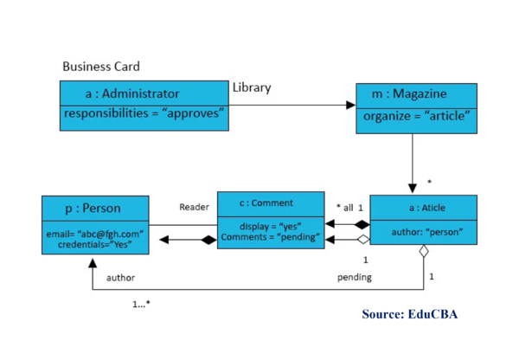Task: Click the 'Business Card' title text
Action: click(100, 67)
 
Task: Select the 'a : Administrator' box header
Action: click(132, 93)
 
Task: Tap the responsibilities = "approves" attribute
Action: click(144, 114)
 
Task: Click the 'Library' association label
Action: click(251, 87)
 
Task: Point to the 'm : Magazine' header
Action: click(415, 93)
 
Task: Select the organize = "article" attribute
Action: click(416, 116)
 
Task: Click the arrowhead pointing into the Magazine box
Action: click(350, 105)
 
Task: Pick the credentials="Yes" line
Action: click(94, 244)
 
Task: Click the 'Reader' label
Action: click(194, 207)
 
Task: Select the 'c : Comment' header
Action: click(271, 203)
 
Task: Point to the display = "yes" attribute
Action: click(271, 226)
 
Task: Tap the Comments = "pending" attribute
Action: click(271, 236)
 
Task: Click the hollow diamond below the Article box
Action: click(424, 252)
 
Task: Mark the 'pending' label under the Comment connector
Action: click(354, 277)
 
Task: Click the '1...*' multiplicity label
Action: click(141, 304)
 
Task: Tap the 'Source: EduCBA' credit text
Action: click(409, 313)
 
